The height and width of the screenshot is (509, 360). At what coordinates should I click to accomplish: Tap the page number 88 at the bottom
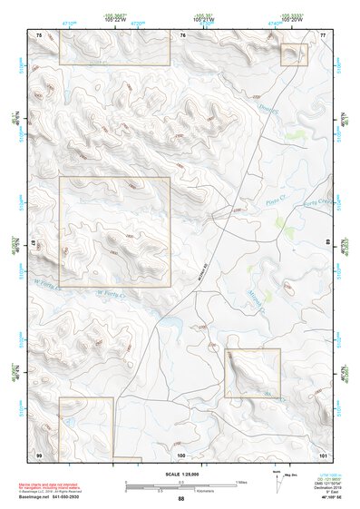(180, 499)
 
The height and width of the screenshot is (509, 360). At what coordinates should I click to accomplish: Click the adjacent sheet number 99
(39, 454)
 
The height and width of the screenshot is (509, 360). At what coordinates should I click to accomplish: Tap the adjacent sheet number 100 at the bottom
(181, 454)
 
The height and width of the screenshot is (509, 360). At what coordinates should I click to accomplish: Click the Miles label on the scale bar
(240, 481)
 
